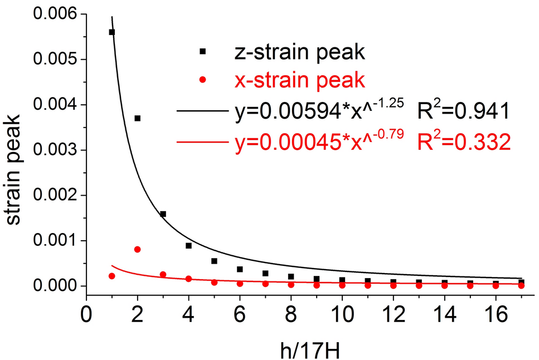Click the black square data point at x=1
click(111, 32)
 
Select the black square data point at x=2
click(137, 118)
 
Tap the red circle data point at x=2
click(137, 249)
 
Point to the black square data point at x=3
click(163, 214)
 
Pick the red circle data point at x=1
click(111, 276)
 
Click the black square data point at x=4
click(188, 246)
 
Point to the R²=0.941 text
click(463, 113)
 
